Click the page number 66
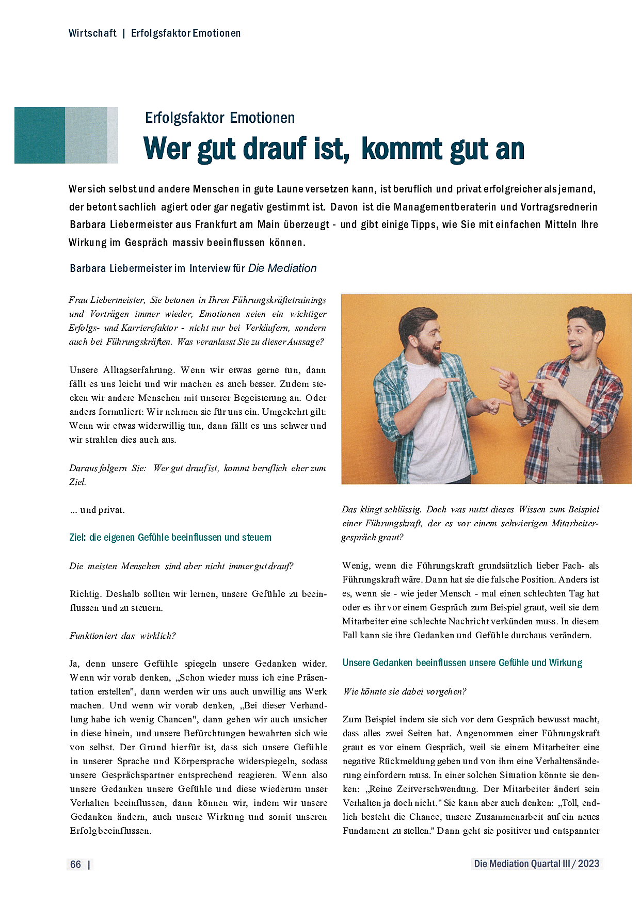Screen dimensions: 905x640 point(75,864)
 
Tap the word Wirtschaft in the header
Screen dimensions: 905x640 point(92,33)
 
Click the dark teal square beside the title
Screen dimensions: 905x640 point(40,135)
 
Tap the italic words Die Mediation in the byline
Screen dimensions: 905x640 point(282,268)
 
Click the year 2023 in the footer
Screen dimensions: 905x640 point(588,864)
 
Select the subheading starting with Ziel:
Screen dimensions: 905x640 point(170,537)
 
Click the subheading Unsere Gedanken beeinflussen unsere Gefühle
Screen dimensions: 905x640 point(462,662)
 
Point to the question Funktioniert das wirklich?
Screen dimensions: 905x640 point(123,636)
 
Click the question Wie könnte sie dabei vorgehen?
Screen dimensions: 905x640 point(405,691)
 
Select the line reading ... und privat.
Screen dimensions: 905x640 point(97,510)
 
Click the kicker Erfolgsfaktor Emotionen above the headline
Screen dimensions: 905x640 point(220,118)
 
